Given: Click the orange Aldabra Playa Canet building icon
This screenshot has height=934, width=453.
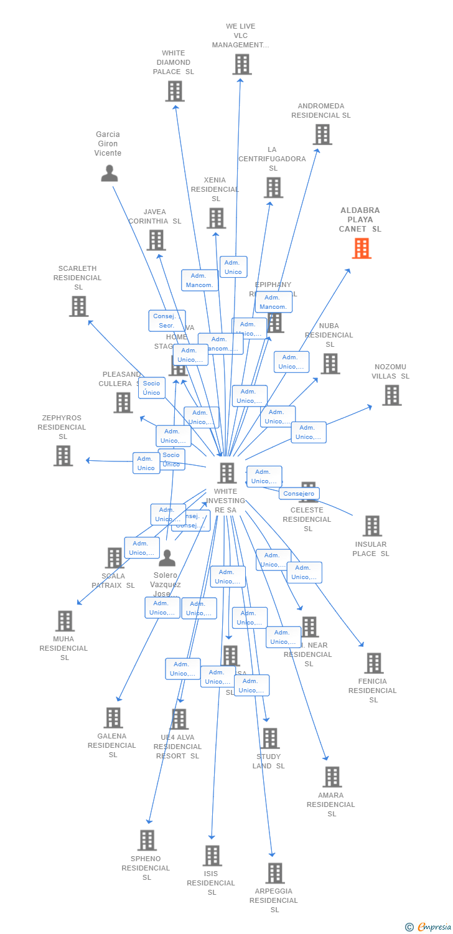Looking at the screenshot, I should tap(362, 248).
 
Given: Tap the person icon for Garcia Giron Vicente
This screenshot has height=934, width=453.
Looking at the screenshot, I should tap(110, 173).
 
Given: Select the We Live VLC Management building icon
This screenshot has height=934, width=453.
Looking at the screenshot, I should tap(241, 64).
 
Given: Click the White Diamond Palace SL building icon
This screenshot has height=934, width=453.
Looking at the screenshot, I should tap(175, 91).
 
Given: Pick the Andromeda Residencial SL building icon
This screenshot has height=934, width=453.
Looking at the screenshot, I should tap(322, 134).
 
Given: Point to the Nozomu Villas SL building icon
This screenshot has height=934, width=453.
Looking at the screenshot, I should tap(391, 395).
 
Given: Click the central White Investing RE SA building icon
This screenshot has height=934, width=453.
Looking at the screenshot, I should tap(226, 473).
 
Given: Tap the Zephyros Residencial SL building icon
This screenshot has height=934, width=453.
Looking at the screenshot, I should tap(63, 455).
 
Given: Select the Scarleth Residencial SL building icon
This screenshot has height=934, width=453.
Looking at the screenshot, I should tap(78, 306).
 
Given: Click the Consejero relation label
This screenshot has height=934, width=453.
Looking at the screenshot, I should tap(299, 494).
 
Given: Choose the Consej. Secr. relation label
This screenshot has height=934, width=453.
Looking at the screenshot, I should tap(166, 321).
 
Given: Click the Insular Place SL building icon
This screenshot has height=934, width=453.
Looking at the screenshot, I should tap(371, 526).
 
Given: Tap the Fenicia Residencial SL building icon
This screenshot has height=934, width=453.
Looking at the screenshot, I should tap(373, 663).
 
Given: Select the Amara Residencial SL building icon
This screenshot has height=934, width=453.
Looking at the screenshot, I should tap(332, 776).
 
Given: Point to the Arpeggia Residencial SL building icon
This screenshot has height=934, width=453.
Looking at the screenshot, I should tap(274, 873).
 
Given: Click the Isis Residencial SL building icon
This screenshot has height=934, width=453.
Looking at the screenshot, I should tap(212, 856).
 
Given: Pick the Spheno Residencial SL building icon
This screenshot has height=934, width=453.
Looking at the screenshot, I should tap(147, 840).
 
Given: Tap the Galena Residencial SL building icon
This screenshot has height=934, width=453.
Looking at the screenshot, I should tap(113, 717).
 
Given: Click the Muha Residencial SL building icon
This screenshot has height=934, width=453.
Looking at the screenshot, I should tap(65, 621).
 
